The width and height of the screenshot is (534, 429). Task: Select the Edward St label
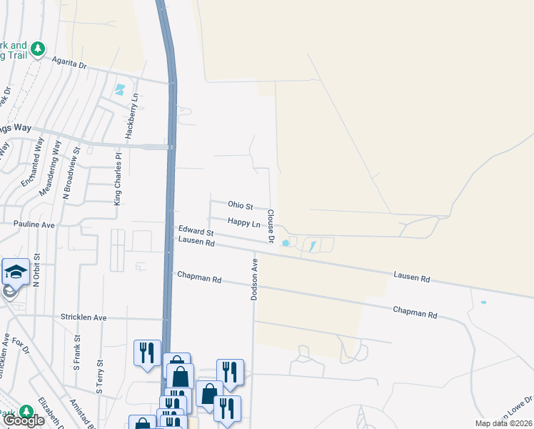coord(196,232)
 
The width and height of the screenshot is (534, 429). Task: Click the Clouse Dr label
coord(271,225)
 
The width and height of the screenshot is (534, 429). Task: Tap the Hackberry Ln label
coord(131,115)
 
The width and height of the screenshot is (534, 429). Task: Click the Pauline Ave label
coord(34,225)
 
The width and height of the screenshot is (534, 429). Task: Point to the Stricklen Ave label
coord(83,317)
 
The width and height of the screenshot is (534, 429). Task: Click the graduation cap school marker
coord(16,272)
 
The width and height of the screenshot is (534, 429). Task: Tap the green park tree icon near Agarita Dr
coord(37,49)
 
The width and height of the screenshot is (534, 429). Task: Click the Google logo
coord(24,421)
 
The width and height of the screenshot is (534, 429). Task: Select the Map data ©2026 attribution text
coord(503,423)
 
